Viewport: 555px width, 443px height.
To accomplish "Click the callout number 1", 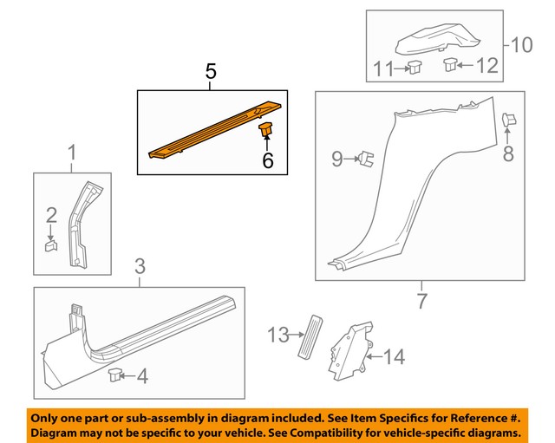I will pos(72,153).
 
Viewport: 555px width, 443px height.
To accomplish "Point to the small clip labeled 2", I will pos(50,246).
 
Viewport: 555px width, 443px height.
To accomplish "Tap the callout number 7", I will pos(421,301).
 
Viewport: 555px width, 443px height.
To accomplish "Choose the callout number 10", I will pos(522,44).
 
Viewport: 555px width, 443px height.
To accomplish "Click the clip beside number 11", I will pos(415,66).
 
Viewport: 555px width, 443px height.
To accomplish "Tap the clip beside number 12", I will pos(452,63).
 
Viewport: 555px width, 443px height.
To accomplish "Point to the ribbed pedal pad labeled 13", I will pos(310,338).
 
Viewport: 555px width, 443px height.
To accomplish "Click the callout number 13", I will pos(277,333).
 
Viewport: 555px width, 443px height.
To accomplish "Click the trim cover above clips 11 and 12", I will pos(439,39).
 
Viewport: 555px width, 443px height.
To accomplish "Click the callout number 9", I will pos(338,159).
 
